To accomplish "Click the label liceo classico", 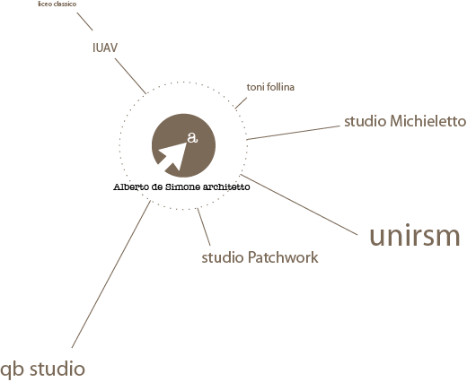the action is (x=57, y=4).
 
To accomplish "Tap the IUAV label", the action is (x=105, y=48).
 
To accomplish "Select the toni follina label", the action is (x=270, y=87).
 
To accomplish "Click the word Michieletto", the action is (x=428, y=121).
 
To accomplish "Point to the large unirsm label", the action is (x=415, y=236).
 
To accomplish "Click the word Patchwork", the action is (x=283, y=257).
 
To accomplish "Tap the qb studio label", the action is (x=42, y=369).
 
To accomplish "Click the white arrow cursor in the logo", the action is (x=173, y=156).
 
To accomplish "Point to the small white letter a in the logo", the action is (x=192, y=137).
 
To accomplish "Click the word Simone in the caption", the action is (x=182, y=187).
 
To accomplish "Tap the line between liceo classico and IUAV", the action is (x=84, y=22).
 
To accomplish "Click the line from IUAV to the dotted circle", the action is (x=130, y=76).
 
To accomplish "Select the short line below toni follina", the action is (x=241, y=103).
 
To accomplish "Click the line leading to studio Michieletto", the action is (x=294, y=133).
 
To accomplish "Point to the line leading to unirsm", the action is (x=299, y=204).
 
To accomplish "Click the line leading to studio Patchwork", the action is (x=204, y=227).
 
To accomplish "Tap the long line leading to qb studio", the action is (x=110, y=274).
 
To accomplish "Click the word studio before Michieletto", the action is (x=365, y=121).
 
